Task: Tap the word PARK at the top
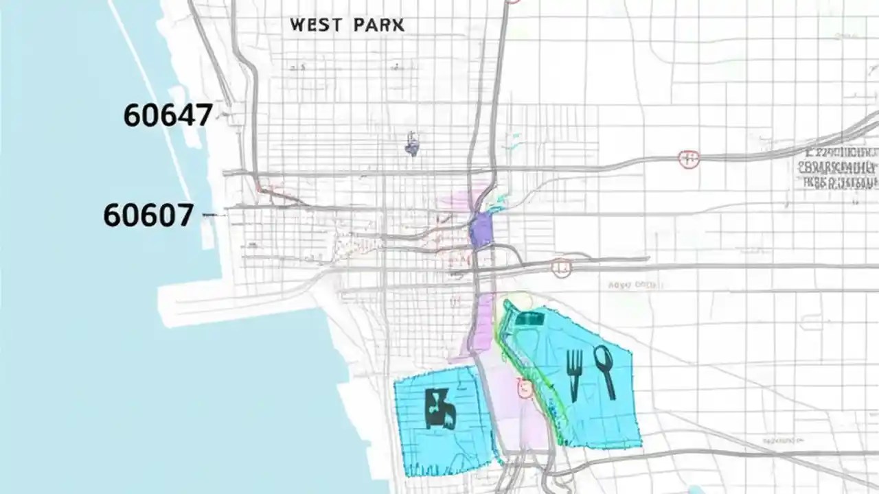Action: (379, 25)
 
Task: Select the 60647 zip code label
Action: (168, 115)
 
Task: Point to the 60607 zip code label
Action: (148, 215)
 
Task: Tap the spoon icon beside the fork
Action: (604, 370)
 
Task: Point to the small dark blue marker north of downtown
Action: (412, 145)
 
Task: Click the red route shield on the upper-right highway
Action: (688, 159)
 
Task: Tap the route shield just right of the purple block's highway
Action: (561, 268)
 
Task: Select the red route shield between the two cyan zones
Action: (525, 390)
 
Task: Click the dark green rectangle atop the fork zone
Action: (529, 318)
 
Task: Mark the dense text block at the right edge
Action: (838, 167)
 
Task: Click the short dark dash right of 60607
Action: (214, 215)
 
